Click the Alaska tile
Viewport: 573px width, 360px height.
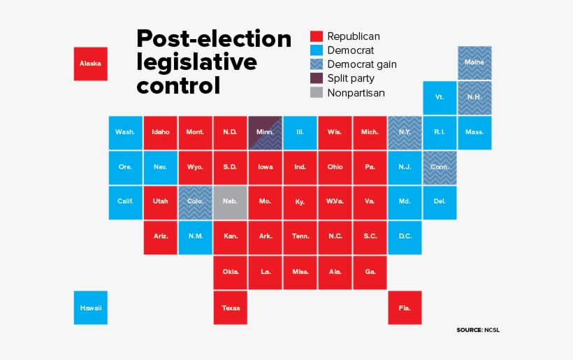(91, 64)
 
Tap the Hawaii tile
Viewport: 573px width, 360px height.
(91, 308)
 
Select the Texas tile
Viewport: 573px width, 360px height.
(231, 308)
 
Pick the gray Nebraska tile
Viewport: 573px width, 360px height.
(231, 202)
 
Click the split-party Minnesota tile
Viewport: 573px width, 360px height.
(266, 132)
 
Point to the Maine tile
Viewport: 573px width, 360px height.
(474, 63)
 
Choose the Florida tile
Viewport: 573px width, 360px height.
(405, 308)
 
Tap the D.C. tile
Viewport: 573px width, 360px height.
(405, 237)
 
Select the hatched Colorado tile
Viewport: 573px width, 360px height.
(196, 202)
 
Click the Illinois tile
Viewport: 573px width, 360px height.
(300, 132)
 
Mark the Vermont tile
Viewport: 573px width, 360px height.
(440, 98)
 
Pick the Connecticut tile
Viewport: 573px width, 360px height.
(440, 168)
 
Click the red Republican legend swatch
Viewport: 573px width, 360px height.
(317, 36)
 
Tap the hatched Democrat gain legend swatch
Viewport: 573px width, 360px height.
(317, 64)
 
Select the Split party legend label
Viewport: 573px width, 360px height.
(351, 78)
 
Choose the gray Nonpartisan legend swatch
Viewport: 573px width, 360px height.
(317, 92)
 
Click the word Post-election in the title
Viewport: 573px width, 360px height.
(214, 38)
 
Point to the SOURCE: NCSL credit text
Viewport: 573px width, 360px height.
(479, 329)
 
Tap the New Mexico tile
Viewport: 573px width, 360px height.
(196, 237)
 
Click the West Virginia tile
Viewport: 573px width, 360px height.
(335, 202)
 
